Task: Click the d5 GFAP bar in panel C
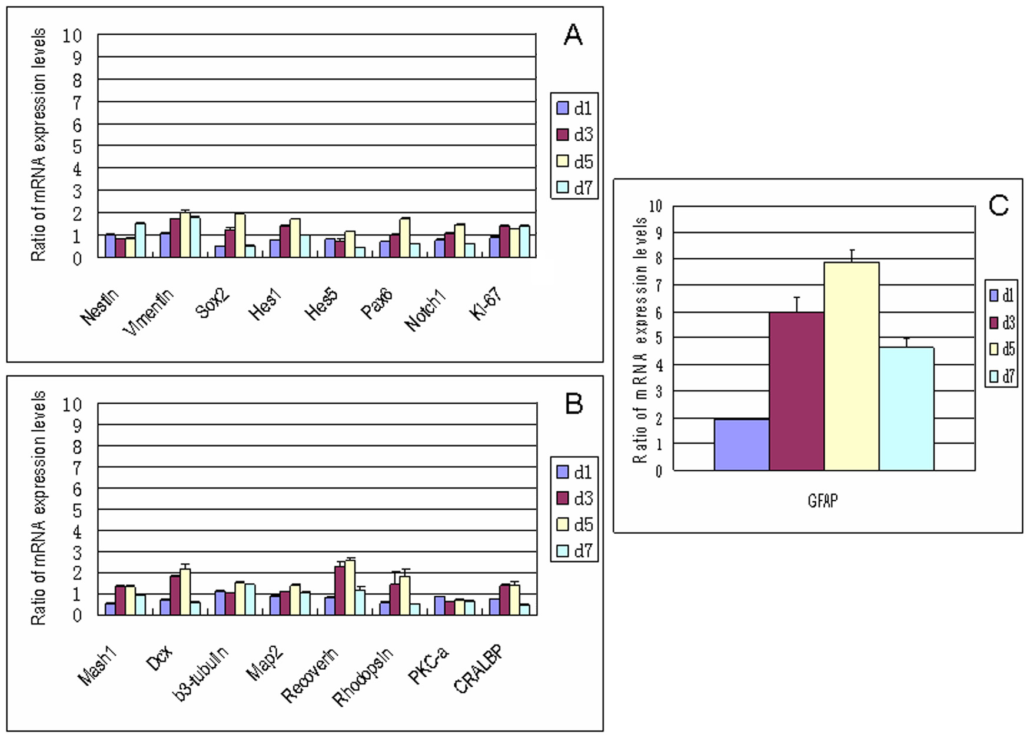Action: coord(851,366)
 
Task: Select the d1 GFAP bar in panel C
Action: coord(742,444)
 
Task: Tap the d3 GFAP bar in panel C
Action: coord(796,391)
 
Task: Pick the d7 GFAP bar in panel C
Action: coord(906,409)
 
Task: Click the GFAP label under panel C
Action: coord(822,501)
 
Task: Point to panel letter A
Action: coord(573,35)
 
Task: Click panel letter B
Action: coord(573,404)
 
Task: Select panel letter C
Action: coord(999,206)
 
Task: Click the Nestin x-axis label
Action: coord(99,308)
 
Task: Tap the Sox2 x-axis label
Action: coord(212,304)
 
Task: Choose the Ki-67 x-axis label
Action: coord(486,304)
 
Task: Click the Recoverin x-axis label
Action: coord(310,676)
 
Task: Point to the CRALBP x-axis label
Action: coord(479,669)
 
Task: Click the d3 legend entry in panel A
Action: coord(575,135)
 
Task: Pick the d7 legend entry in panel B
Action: coord(575,551)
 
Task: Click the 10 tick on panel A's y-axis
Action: coord(72,36)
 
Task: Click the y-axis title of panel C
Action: coord(640,340)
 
